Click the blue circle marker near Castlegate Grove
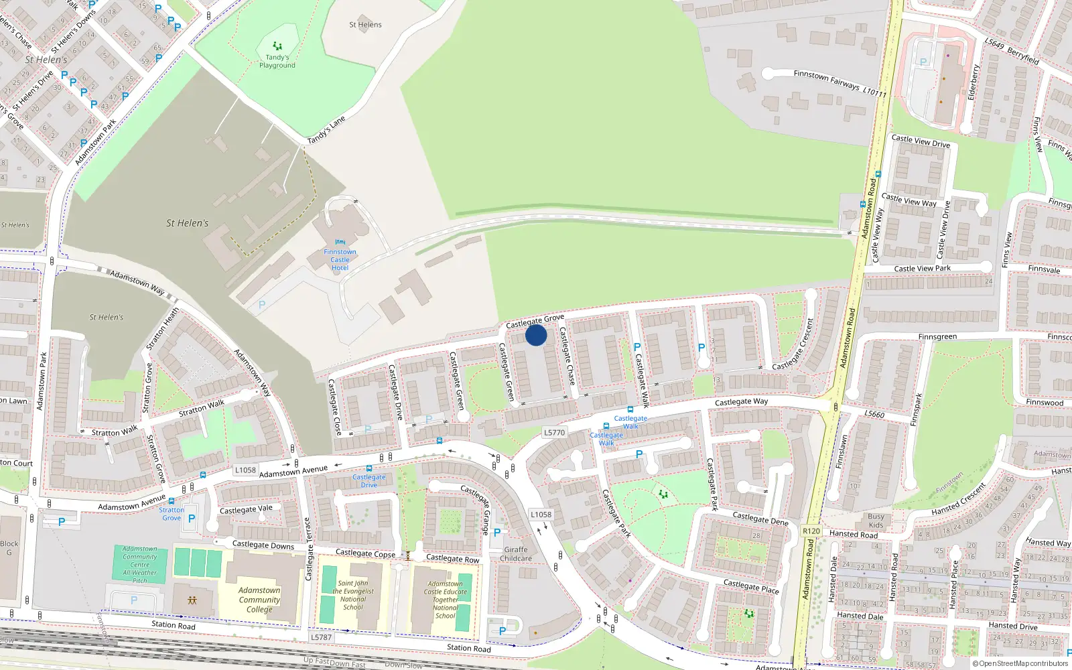(536, 335)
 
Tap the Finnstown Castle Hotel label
(340, 260)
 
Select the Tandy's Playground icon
(277, 46)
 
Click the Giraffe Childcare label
(516, 554)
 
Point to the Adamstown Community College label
(259, 600)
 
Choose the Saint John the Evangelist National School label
(353, 595)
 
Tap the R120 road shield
(811, 531)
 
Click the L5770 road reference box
(554, 433)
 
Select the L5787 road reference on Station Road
(321, 637)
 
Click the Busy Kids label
(876, 521)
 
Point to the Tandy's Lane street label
(326, 130)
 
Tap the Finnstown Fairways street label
(840, 83)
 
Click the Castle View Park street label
(922, 269)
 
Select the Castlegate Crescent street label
(793, 345)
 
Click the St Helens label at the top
(365, 25)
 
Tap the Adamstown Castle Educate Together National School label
(445, 600)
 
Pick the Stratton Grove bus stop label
(172, 514)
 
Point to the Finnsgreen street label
(937, 337)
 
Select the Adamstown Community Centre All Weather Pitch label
(140, 564)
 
